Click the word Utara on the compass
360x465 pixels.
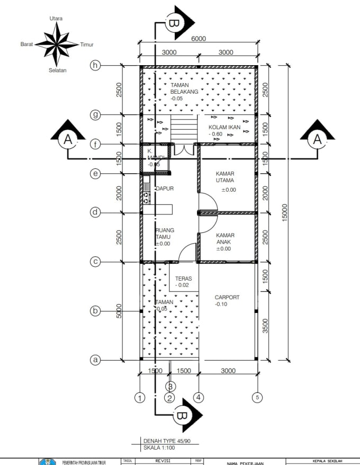(56, 19)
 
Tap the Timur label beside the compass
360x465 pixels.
(86, 45)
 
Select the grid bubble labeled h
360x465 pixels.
(95, 65)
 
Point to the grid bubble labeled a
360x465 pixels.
(95, 360)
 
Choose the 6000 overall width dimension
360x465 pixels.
(199, 38)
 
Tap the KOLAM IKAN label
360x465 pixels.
(224, 128)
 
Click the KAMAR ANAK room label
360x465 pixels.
(226, 238)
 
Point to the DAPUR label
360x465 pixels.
(165, 188)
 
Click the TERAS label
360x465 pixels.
(183, 278)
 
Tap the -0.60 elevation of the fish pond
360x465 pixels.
(215, 135)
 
